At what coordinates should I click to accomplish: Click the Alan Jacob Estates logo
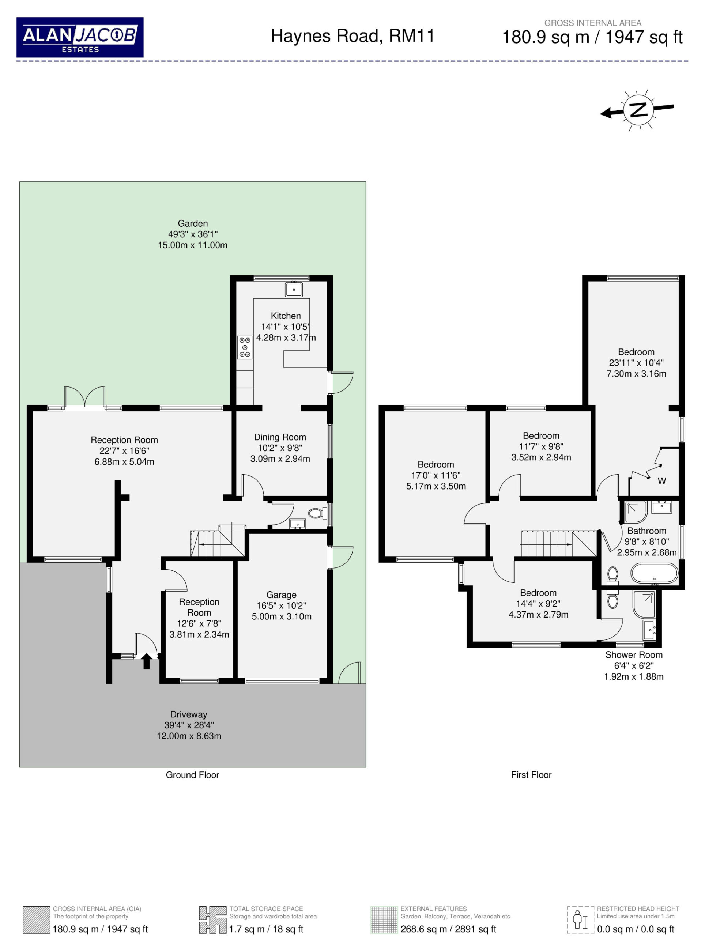80,37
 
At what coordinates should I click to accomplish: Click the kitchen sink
293,290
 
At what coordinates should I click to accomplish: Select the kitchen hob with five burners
245,347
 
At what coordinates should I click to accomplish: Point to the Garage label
282,595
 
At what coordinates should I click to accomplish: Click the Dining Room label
280,437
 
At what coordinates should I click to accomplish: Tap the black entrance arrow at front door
146,661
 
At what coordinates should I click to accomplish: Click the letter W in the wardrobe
662,481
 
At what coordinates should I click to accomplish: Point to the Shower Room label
633,655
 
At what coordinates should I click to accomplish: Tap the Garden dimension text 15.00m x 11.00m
193,245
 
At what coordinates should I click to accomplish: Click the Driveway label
189,714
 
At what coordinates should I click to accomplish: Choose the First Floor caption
531,775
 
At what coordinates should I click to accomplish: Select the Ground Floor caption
193,775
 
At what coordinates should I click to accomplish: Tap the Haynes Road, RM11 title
352,36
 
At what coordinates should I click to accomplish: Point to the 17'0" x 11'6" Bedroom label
436,475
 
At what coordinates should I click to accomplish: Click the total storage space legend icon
212,920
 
